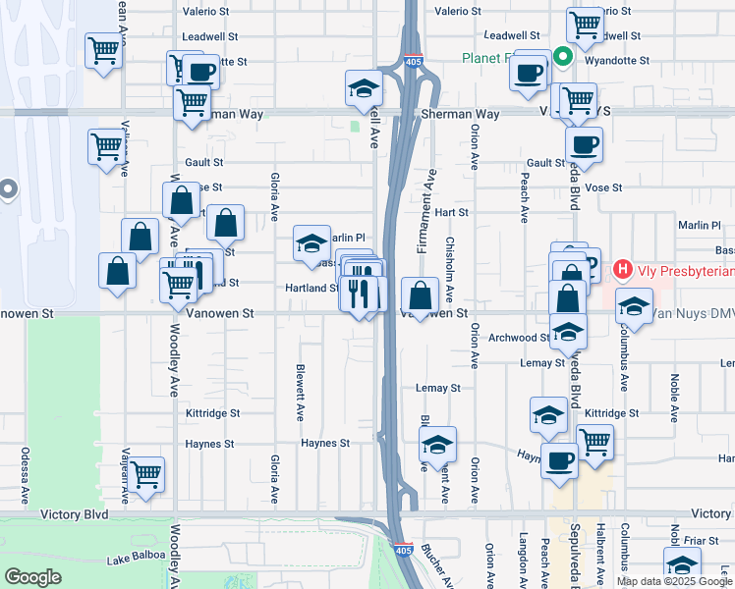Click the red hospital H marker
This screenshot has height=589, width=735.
coord(622,268)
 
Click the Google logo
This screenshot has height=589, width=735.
coord(34,577)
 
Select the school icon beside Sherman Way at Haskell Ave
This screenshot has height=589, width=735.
coord(364,88)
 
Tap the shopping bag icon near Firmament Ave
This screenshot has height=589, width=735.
coord(420,295)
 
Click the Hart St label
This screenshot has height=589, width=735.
coord(451,212)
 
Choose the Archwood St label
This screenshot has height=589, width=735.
coord(519,338)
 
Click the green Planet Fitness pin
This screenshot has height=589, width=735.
coord(563,57)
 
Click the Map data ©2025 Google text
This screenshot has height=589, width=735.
coord(675,581)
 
